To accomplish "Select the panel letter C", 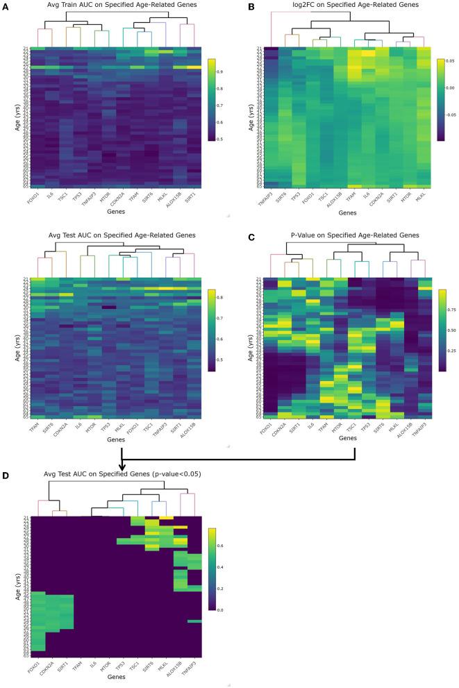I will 241,237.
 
